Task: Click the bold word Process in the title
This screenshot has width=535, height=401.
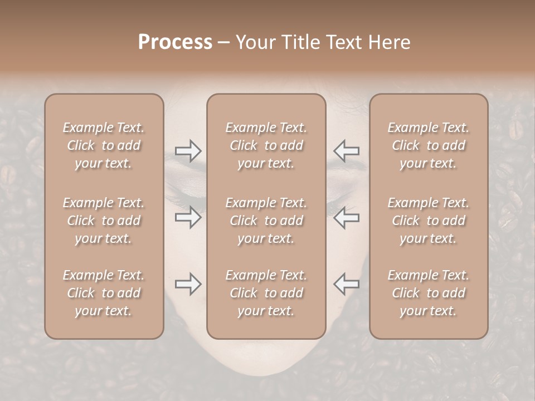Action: (175, 42)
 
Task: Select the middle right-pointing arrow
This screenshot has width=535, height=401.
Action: (188, 217)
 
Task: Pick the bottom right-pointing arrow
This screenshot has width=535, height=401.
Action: (188, 284)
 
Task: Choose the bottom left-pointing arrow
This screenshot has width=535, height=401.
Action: (346, 284)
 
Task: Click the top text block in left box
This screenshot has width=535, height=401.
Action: (104, 145)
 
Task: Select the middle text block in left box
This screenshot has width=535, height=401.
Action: (104, 221)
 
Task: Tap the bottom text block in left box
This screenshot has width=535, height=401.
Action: (104, 293)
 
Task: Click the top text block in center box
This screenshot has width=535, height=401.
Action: (266, 145)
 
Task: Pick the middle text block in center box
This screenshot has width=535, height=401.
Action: (266, 221)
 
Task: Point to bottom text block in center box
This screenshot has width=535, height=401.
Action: (266, 293)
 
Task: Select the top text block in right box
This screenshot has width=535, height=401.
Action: (429, 145)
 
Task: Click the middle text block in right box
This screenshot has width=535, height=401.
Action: (429, 221)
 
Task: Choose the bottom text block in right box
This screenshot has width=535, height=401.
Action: (429, 293)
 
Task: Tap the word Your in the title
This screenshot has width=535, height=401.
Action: (254, 42)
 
